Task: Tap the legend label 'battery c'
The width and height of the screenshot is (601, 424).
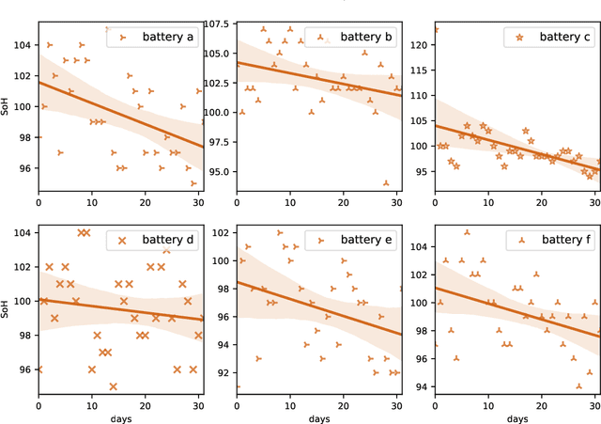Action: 565,39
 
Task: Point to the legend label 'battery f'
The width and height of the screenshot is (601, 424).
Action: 565,240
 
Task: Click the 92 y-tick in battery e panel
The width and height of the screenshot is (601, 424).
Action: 222,373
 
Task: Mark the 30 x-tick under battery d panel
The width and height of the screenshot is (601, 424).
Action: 197,406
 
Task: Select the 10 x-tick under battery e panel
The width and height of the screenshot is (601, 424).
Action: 289,406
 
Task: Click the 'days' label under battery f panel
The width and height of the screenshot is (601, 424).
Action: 516,417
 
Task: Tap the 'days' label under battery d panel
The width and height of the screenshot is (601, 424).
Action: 119,417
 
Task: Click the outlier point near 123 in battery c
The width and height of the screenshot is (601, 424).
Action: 435,29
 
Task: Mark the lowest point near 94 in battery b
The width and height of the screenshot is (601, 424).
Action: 386,183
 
